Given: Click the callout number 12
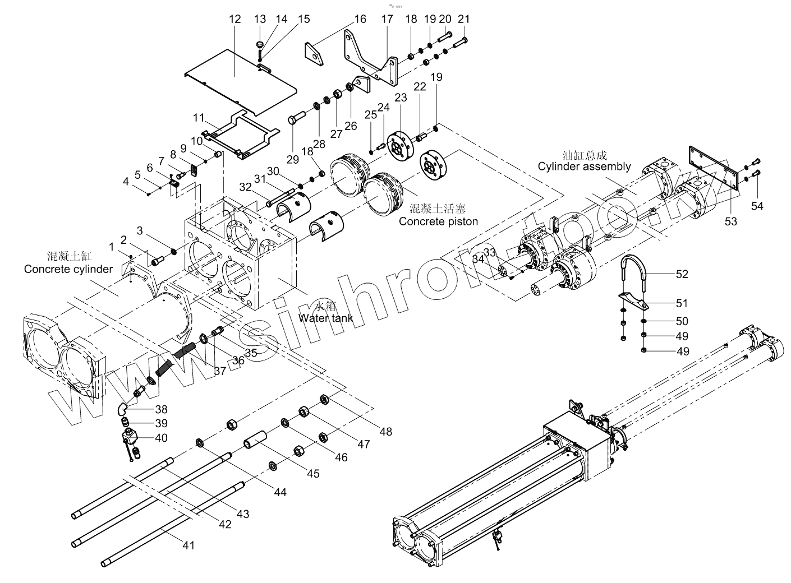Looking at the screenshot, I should [x=234, y=19].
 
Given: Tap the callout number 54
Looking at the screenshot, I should [x=757, y=206].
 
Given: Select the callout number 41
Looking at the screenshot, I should [x=189, y=544].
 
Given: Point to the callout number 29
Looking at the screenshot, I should [x=293, y=160].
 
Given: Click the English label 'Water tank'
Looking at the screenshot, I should [x=326, y=318].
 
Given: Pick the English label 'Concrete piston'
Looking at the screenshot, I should [x=438, y=221].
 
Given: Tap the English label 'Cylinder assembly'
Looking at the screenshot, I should [x=584, y=166].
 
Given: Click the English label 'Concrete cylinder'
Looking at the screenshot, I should [x=68, y=270].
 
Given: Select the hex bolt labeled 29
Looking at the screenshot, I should [x=296, y=119].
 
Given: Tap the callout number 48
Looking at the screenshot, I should [x=385, y=431].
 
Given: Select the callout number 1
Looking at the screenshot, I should [x=112, y=246].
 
